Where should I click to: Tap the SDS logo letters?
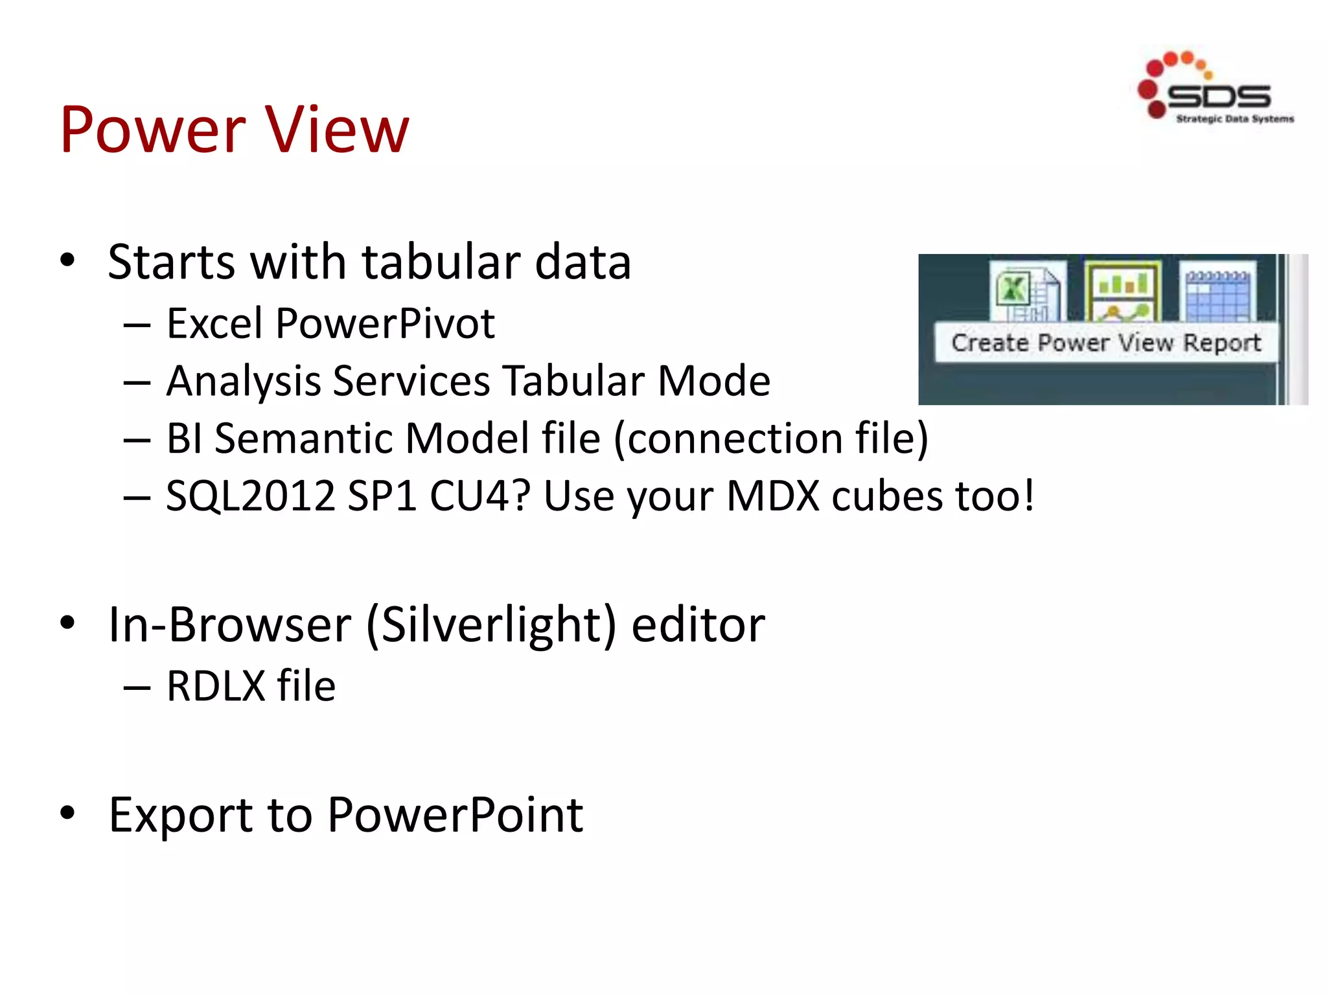pos(1218,97)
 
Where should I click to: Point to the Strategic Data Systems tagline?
pos(1234,119)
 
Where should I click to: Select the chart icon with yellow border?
pos(1123,292)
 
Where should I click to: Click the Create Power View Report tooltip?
pos(1105,343)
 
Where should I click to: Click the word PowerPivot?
pos(385,323)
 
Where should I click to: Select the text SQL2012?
pos(250,496)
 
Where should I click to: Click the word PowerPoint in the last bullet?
pos(455,814)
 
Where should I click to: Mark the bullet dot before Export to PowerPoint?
pos(67,812)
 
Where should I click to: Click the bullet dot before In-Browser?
pos(67,623)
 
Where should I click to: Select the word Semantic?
pos(307,439)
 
